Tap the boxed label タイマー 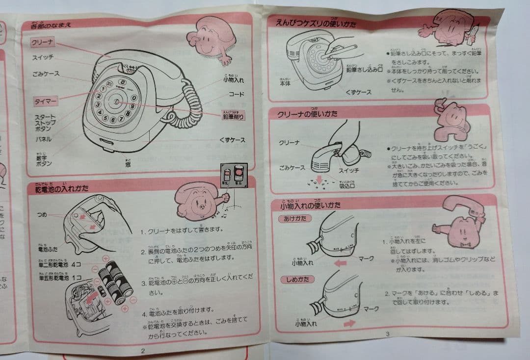coord(46,102)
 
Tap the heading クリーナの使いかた coord(307,114)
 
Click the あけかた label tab coord(295,218)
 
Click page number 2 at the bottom coord(143,350)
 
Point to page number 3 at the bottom coord(387,334)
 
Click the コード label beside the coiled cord coord(237,93)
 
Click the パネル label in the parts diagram coord(43,139)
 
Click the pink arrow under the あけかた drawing coord(339,263)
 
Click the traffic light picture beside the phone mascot coord(232,175)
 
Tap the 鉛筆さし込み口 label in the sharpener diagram coord(364,69)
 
